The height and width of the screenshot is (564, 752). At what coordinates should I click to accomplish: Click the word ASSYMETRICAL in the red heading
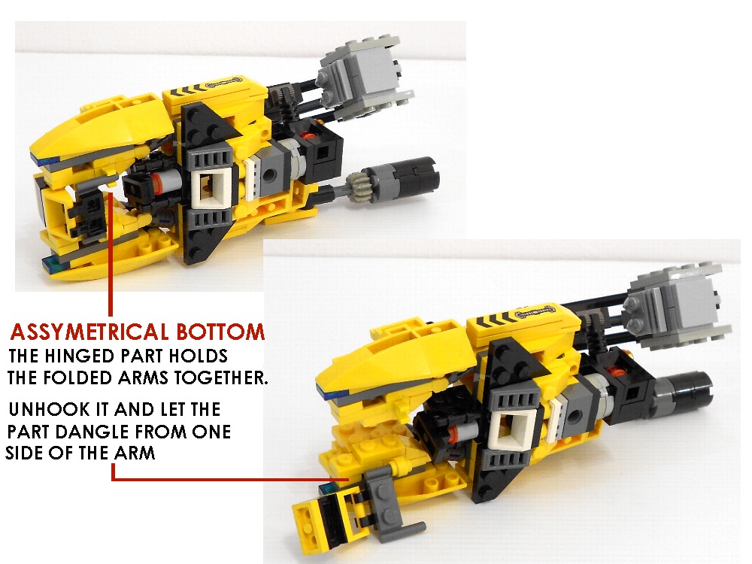(89, 332)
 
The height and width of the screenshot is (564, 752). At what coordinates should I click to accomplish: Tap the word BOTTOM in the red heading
(220, 332)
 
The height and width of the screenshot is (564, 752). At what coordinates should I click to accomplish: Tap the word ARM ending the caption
(135, 453)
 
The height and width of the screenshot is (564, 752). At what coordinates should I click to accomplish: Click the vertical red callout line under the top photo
(111, 254)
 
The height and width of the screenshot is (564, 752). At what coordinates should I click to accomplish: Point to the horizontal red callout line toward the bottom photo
(231, 479)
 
